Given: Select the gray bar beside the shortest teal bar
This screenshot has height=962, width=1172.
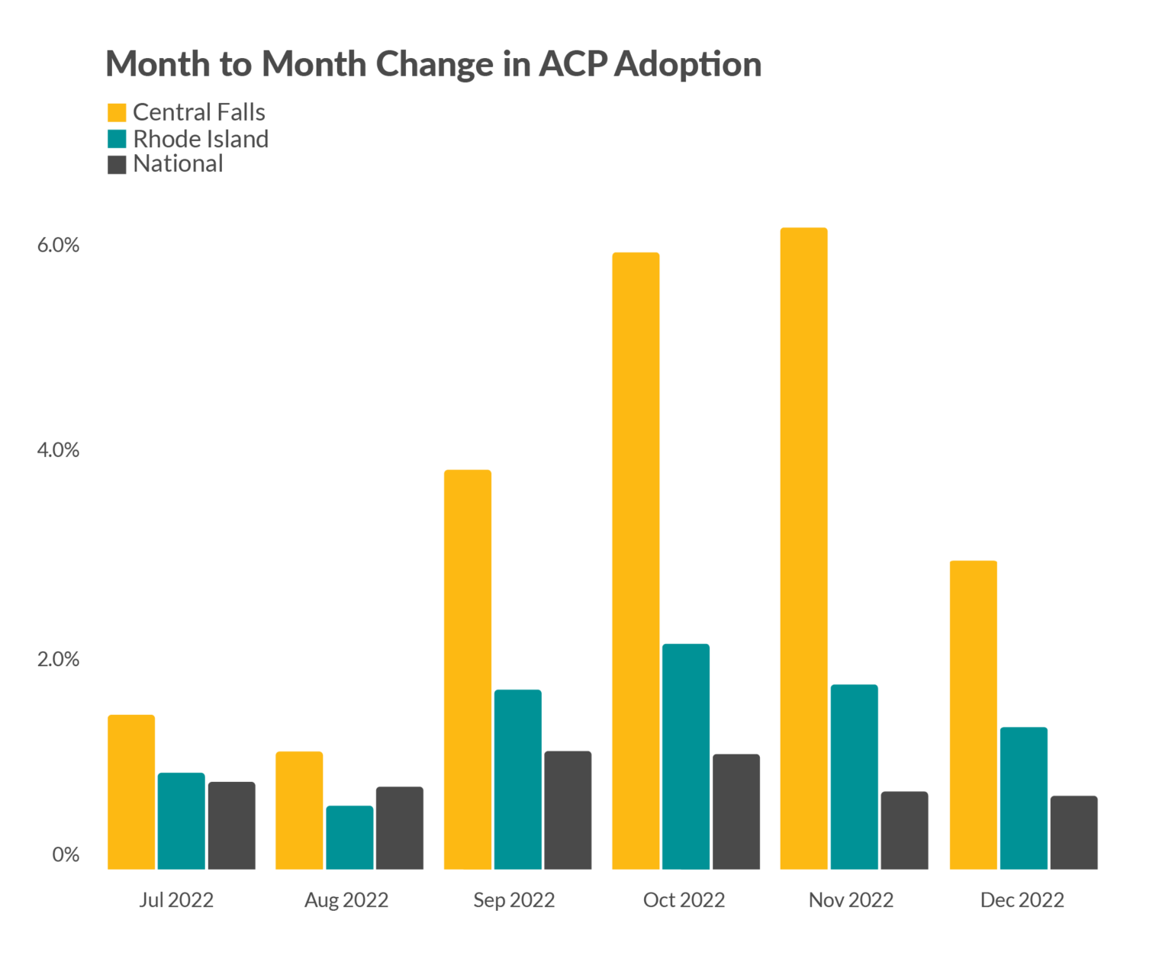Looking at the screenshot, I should [x=409, y=827].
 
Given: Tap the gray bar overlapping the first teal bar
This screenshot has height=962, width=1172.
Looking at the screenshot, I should [x=241, y=825].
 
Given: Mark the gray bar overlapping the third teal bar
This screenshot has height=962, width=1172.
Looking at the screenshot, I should [x=578, y=809].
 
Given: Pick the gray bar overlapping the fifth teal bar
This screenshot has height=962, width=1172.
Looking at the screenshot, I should [x=914, y=830].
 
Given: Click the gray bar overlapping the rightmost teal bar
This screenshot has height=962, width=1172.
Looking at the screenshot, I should [x=1110, y=832].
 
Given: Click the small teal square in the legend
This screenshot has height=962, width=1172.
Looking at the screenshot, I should [x=121, y=138].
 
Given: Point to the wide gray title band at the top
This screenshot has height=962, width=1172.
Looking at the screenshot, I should [x=586, y=66].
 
